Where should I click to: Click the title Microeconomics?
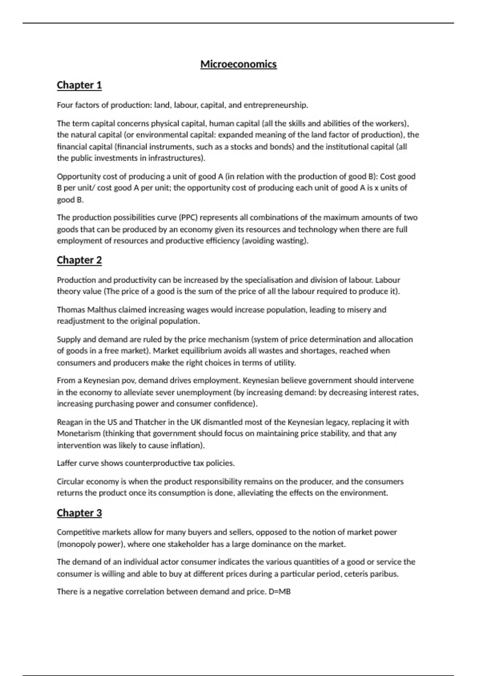(x=238, y=64)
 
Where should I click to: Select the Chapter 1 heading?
(x=79, y=85)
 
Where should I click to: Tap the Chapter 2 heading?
(x=79, y=260)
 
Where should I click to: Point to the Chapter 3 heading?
(x=79, y=513)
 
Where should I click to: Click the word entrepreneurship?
(x=275, y=105)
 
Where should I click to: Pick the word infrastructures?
(x=177, y=158)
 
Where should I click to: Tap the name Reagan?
(x=70, y=422)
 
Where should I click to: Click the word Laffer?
(x=67, y=463)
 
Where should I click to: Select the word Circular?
(x=70, y=482)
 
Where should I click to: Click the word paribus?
(x=385, y=574)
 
